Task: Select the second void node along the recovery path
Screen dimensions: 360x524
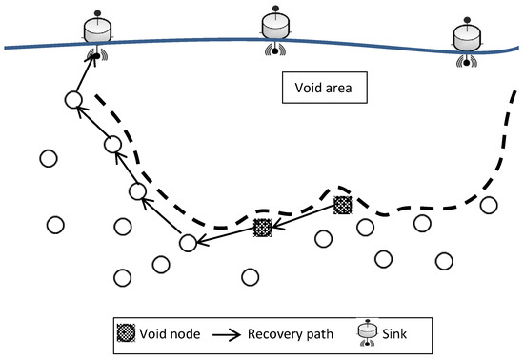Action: [x=263, y=227]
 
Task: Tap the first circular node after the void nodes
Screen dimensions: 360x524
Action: [x=189, y=243]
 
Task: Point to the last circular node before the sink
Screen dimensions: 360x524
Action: [x=72, y=100]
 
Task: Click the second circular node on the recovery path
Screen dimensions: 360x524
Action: [x=138, y=191]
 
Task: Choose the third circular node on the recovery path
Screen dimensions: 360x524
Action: [x=113, y=145]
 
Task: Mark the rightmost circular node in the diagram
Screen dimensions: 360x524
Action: [x=490, y=205]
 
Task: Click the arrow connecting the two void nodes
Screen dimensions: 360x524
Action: [x=303, y=216]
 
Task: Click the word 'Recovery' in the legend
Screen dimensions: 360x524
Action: [x=273, y=332]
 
